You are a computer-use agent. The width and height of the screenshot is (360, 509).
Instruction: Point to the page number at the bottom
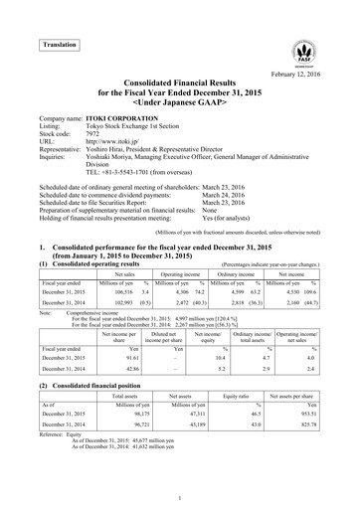click(179, 496)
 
